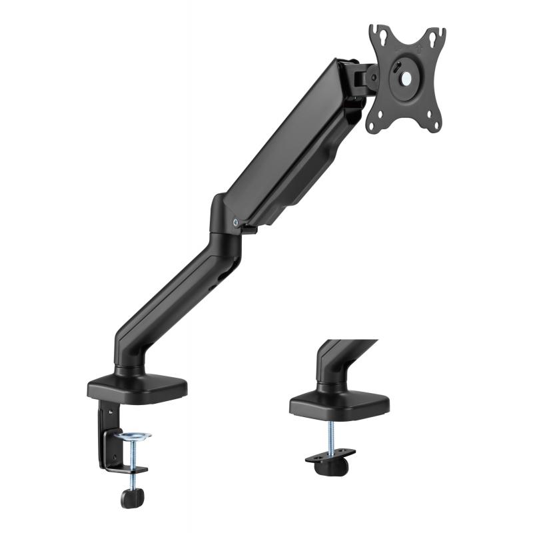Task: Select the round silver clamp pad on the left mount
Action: click(x=133, y=436)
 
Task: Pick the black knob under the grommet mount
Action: click(x=332, y=467)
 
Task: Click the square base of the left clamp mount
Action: click(x=137, y=387)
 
